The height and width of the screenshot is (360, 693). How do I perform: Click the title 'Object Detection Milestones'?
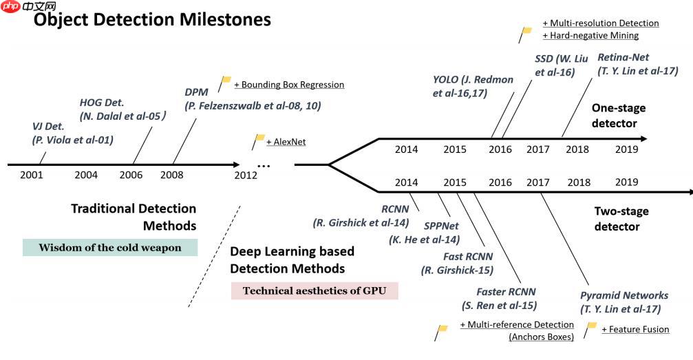pos(153,20)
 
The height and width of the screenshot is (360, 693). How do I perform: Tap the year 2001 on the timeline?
pos(31,175)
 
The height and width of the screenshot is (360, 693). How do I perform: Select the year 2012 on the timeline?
pos(245,175)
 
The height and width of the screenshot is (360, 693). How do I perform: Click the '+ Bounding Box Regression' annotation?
pos(289,85)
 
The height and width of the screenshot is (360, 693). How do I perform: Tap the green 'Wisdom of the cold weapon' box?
pos(110,248)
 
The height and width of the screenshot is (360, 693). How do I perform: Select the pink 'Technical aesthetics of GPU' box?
pos(314,290)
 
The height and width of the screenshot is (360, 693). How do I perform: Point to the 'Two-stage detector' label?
pos(621,219)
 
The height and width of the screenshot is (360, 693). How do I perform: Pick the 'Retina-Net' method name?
pos(623,57)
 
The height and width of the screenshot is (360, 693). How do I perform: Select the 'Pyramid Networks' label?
pos(624,295)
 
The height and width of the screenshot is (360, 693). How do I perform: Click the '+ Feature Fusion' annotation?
pos(635,329)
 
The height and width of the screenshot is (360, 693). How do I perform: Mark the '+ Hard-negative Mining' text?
pos(590,35)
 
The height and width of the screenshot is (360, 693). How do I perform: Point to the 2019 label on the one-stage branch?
pos(626,149)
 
